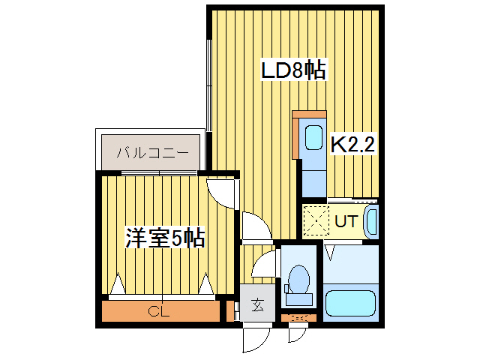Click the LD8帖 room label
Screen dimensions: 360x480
point(292,71)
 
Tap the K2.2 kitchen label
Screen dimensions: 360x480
point(352,145)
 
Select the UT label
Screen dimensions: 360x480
point(346,221)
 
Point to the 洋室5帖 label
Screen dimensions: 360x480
point(165,239)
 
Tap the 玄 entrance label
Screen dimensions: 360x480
point(257,305)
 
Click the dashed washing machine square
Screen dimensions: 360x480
point(316,222)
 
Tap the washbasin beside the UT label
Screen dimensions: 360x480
point(370,223)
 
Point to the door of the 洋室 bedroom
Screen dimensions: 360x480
point(222,191)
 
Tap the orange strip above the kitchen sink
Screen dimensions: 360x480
point(307,115)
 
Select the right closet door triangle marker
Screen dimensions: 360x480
point(206,286)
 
